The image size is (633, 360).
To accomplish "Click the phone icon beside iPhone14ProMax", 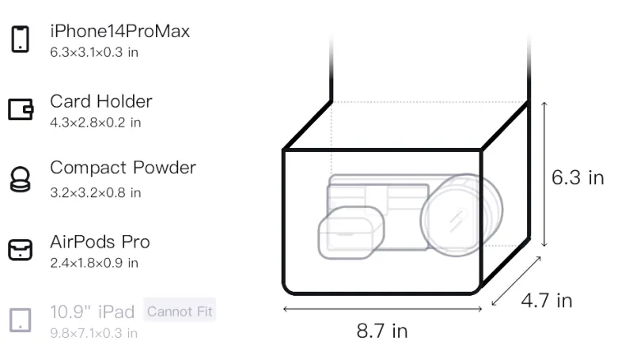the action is point(21,39).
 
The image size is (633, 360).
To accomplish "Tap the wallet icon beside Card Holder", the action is point(21,109).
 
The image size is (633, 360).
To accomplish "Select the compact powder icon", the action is point(20,179).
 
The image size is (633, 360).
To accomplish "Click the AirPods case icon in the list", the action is point(21,250).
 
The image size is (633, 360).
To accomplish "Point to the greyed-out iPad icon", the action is point(21,320).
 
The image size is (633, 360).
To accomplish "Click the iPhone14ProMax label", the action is point(120,31).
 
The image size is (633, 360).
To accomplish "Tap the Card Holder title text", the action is point(101,101).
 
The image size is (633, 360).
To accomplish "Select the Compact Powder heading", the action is point(123,168).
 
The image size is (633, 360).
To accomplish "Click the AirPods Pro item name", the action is point(100,242).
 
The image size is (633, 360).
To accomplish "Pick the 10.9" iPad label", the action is point(92,312).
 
